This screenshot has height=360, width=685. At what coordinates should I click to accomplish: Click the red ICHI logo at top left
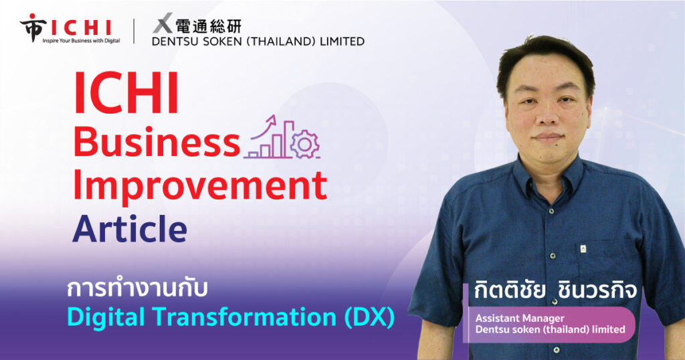(x=66, y=27)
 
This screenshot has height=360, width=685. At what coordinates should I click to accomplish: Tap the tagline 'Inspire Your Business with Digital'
(x=81, y=41)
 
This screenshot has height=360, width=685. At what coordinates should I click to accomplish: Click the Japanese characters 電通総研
(x=209, y=26)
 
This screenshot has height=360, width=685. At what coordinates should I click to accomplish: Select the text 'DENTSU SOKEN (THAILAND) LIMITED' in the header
(x=258, y=41)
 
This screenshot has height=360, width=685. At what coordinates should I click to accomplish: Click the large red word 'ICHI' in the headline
(x=126, y=93)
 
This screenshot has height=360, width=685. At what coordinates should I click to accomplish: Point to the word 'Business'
(x=157, y=142)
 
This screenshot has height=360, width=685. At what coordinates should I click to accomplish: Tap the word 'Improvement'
(x=200, y=185)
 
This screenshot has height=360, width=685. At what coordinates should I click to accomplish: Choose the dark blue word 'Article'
(x=130, y=228)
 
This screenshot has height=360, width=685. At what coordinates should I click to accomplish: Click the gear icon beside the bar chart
(x=305, y=144)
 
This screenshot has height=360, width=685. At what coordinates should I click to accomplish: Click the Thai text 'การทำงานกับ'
(x=136, y=289)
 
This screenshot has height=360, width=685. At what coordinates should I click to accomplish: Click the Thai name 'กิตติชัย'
(x=510, y=290)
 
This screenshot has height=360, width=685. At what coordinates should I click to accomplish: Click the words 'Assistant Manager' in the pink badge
(x=520, y=318)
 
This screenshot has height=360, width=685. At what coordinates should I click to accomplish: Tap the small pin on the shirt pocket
(x=583, y=250)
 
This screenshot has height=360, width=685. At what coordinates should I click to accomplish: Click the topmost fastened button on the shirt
(x=553, y=256)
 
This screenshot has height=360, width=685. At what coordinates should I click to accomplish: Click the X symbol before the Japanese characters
(x=163, y=23)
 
